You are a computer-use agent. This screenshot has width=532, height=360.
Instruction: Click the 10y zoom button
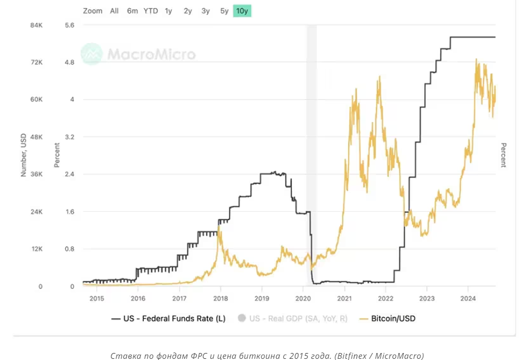[x=242, y=11]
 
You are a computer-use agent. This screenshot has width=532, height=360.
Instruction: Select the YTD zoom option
[x=151, y=11]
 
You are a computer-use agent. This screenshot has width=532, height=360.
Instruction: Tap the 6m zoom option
[x=133, y=11]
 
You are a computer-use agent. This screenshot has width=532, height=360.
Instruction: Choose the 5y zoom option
[x=224, y=11]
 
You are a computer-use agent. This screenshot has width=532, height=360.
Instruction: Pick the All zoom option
[x=114, y=11]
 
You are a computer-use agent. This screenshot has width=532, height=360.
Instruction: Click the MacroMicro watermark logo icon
[x=92, y=54]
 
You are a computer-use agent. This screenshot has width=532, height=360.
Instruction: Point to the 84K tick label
[x=36, y=25]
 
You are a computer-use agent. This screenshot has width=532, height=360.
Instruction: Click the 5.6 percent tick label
[x=70, y=25]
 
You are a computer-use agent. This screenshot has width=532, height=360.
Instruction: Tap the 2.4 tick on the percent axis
[x=70, y=174]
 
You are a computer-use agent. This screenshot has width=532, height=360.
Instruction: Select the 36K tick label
[x=36, y=174]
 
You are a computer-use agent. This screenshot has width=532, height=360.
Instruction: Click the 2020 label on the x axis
[x=303, y=298]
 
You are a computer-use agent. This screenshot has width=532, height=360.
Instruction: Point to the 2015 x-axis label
[x=96, y=298]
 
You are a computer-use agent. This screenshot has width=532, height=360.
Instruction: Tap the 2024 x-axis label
[x=468, y=298]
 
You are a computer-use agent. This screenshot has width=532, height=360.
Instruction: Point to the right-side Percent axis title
[x=503, y=155]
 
